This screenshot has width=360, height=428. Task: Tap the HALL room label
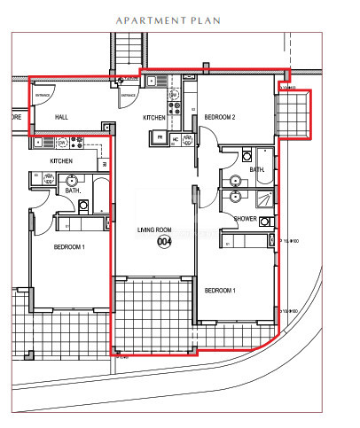click(61, 117)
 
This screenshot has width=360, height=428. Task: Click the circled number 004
click(163, 241)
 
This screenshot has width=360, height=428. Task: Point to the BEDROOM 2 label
click(219, 117)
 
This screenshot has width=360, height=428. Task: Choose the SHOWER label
click(245, 218)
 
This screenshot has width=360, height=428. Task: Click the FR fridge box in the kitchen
click(160, 137)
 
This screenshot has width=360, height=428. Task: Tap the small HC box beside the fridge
click(175, 138)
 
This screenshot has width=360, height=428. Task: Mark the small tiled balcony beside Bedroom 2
click(293, 115)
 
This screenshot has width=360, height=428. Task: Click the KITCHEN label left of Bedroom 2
click(155, 117)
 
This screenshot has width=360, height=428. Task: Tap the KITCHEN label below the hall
click(60, 160)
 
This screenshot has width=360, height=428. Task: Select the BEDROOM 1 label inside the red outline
click(219, 291)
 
